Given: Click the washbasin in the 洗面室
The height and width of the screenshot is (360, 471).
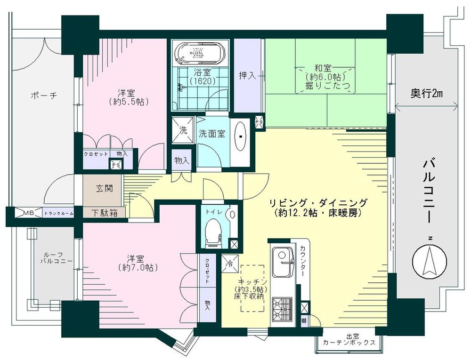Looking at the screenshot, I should pyautogui.click(x=241, y=136).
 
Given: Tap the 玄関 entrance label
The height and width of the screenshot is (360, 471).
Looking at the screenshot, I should pyautogui.click(x=104, y=189).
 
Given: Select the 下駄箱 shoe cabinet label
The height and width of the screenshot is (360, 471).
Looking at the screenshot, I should pyautogui.click(x=104, y=213).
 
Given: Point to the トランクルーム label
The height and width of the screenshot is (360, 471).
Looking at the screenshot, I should pyautogui.click(x=58, y=214).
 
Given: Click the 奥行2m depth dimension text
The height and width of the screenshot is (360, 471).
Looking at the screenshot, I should pyautogui.click(x=426, y=94).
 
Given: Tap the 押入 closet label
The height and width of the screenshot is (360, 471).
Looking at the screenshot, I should pyautogui.click(x=248, y=75).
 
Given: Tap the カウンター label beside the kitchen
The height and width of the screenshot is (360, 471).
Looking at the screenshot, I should pyautogui.click(x=302, y=260).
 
